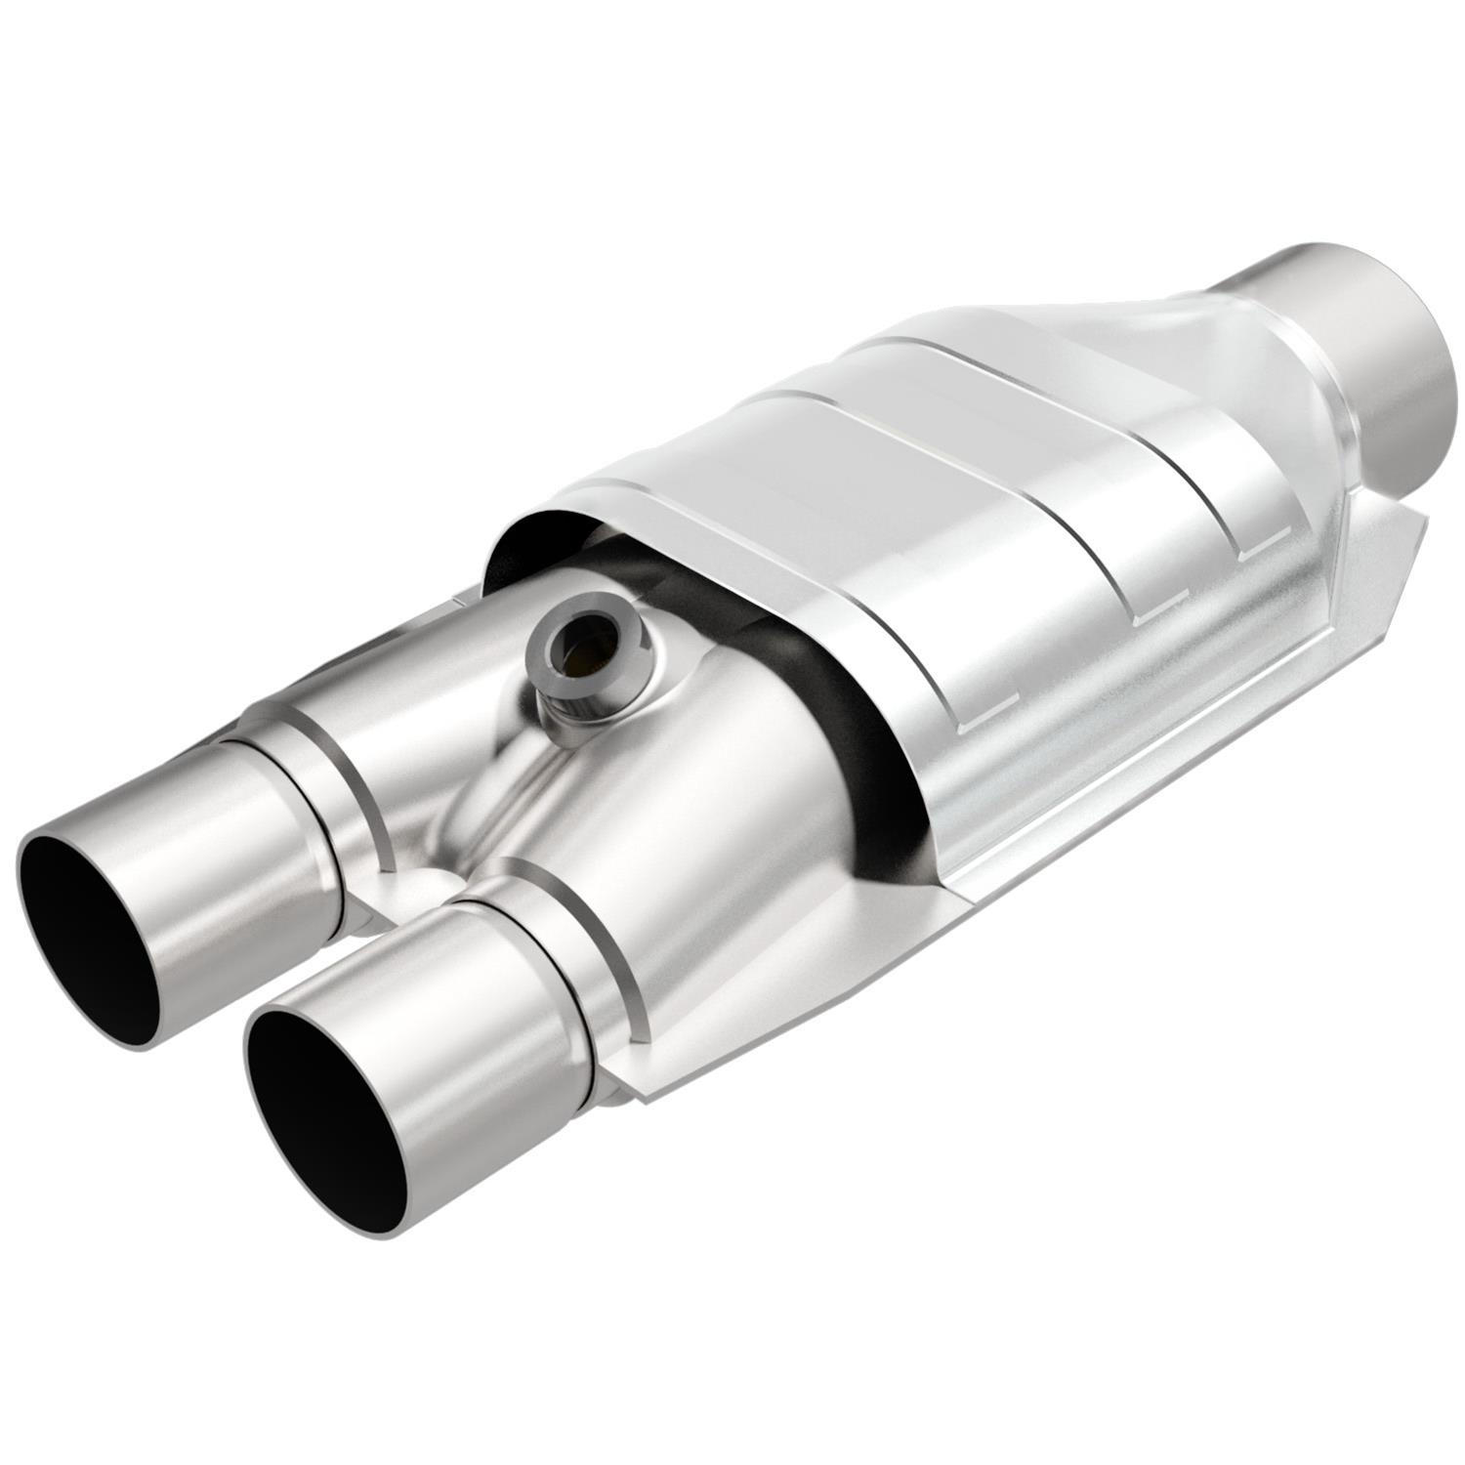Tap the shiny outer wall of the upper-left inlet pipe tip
[x=195, y=869]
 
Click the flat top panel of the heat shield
[x=879, y=469]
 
